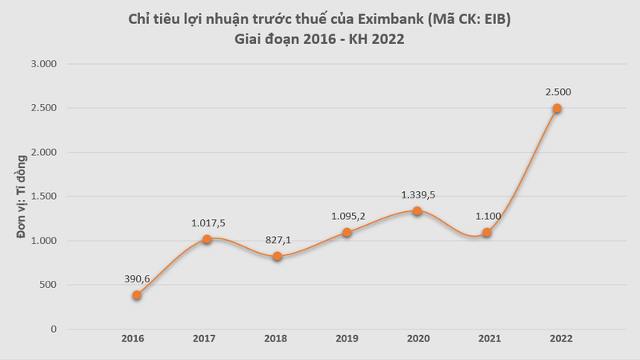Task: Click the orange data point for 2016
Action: tap(137, 295)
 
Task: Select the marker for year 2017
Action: tap(207, 239)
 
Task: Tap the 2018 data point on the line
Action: tap(277, 256)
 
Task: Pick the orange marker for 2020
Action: tap(417, 211)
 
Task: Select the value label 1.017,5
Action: tap(207, 222)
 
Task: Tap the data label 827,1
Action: tap(277, 238)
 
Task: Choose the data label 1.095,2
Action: tap(348, 215)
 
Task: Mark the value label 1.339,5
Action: tap(418, 194)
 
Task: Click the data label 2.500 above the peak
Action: tap(557, 91)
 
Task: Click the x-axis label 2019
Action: tap(347, 339)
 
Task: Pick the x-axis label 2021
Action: tap(487, 339)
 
